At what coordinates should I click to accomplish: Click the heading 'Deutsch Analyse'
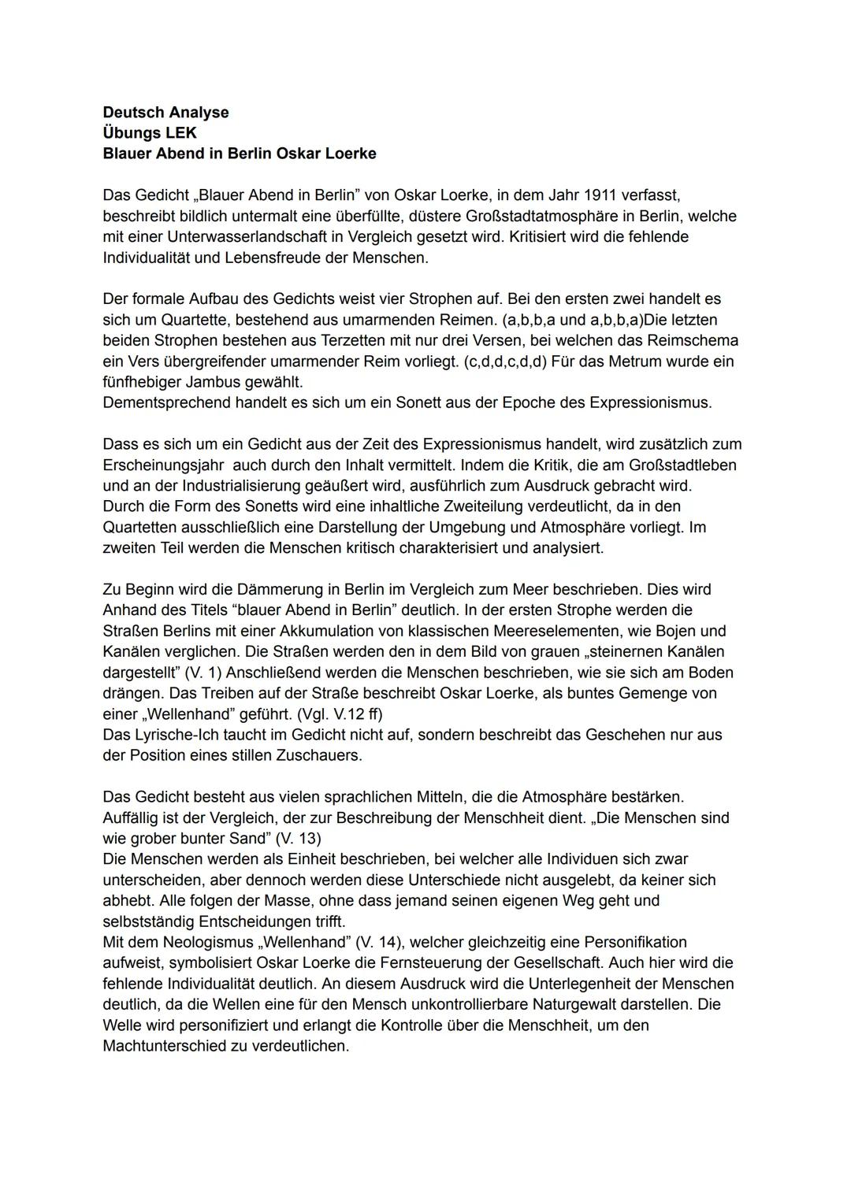pos(165,113)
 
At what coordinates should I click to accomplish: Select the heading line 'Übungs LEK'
pos(150,133)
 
